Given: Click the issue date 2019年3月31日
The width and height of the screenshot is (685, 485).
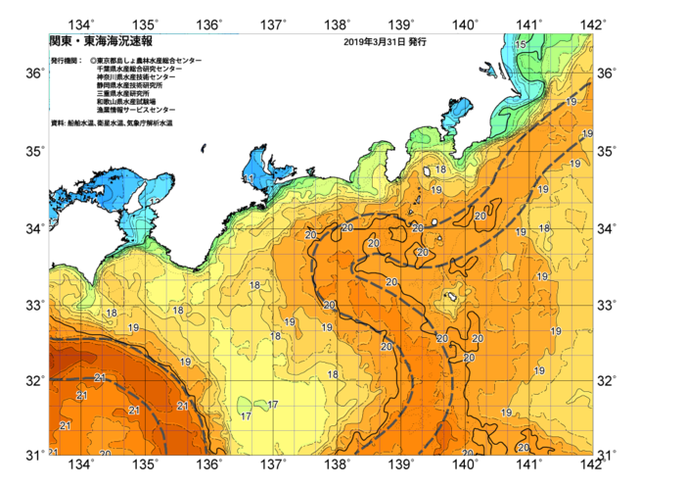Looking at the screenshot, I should [375, 43].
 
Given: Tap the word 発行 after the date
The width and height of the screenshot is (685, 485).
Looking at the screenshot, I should [417, 43].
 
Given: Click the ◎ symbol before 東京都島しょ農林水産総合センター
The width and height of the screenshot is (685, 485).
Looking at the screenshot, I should [93, 61].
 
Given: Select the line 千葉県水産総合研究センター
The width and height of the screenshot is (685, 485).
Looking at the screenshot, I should [139, 70].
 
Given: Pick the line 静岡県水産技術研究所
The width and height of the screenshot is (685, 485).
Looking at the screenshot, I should [133, 86].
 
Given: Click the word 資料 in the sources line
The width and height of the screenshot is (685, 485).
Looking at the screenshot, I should [57, 122].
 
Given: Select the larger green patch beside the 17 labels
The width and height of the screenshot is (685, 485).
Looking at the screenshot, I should [245, 405].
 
